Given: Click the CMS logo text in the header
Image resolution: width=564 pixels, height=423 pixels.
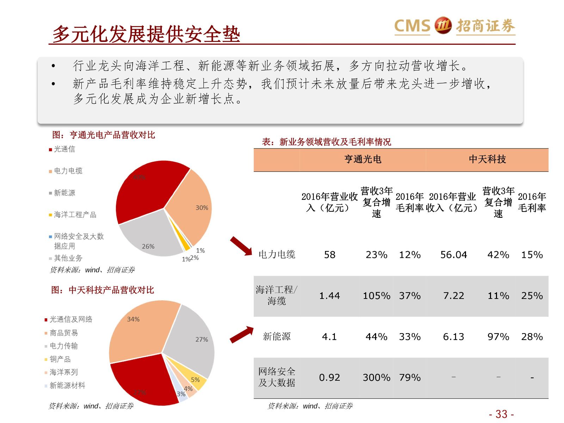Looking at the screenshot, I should [412, 26].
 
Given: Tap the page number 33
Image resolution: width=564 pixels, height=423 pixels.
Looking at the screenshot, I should [501, 414].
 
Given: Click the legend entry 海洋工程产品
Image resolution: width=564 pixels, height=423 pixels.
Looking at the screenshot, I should [75, 215].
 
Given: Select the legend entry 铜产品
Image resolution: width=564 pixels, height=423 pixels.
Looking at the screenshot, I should [60, 359].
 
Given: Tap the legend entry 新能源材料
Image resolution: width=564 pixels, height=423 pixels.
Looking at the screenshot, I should [67, 386].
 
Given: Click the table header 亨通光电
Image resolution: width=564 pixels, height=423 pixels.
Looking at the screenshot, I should [363, 160].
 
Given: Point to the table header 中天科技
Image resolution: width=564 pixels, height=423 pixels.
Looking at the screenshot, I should [487, 160].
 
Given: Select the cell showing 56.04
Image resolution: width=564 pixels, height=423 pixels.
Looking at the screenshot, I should [453, 255].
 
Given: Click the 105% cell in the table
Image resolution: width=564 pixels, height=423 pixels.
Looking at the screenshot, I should [376, 296].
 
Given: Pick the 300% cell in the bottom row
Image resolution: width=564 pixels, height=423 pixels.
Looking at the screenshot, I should [376, 378].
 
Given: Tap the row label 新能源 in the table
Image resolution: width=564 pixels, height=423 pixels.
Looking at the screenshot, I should [277, 337].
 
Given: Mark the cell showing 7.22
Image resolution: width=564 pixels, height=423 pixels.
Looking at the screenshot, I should [453, 296].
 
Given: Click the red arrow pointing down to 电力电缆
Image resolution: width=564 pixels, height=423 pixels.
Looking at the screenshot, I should [241, 246].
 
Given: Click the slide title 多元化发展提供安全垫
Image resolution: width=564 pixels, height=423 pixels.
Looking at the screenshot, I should [146, 35].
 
